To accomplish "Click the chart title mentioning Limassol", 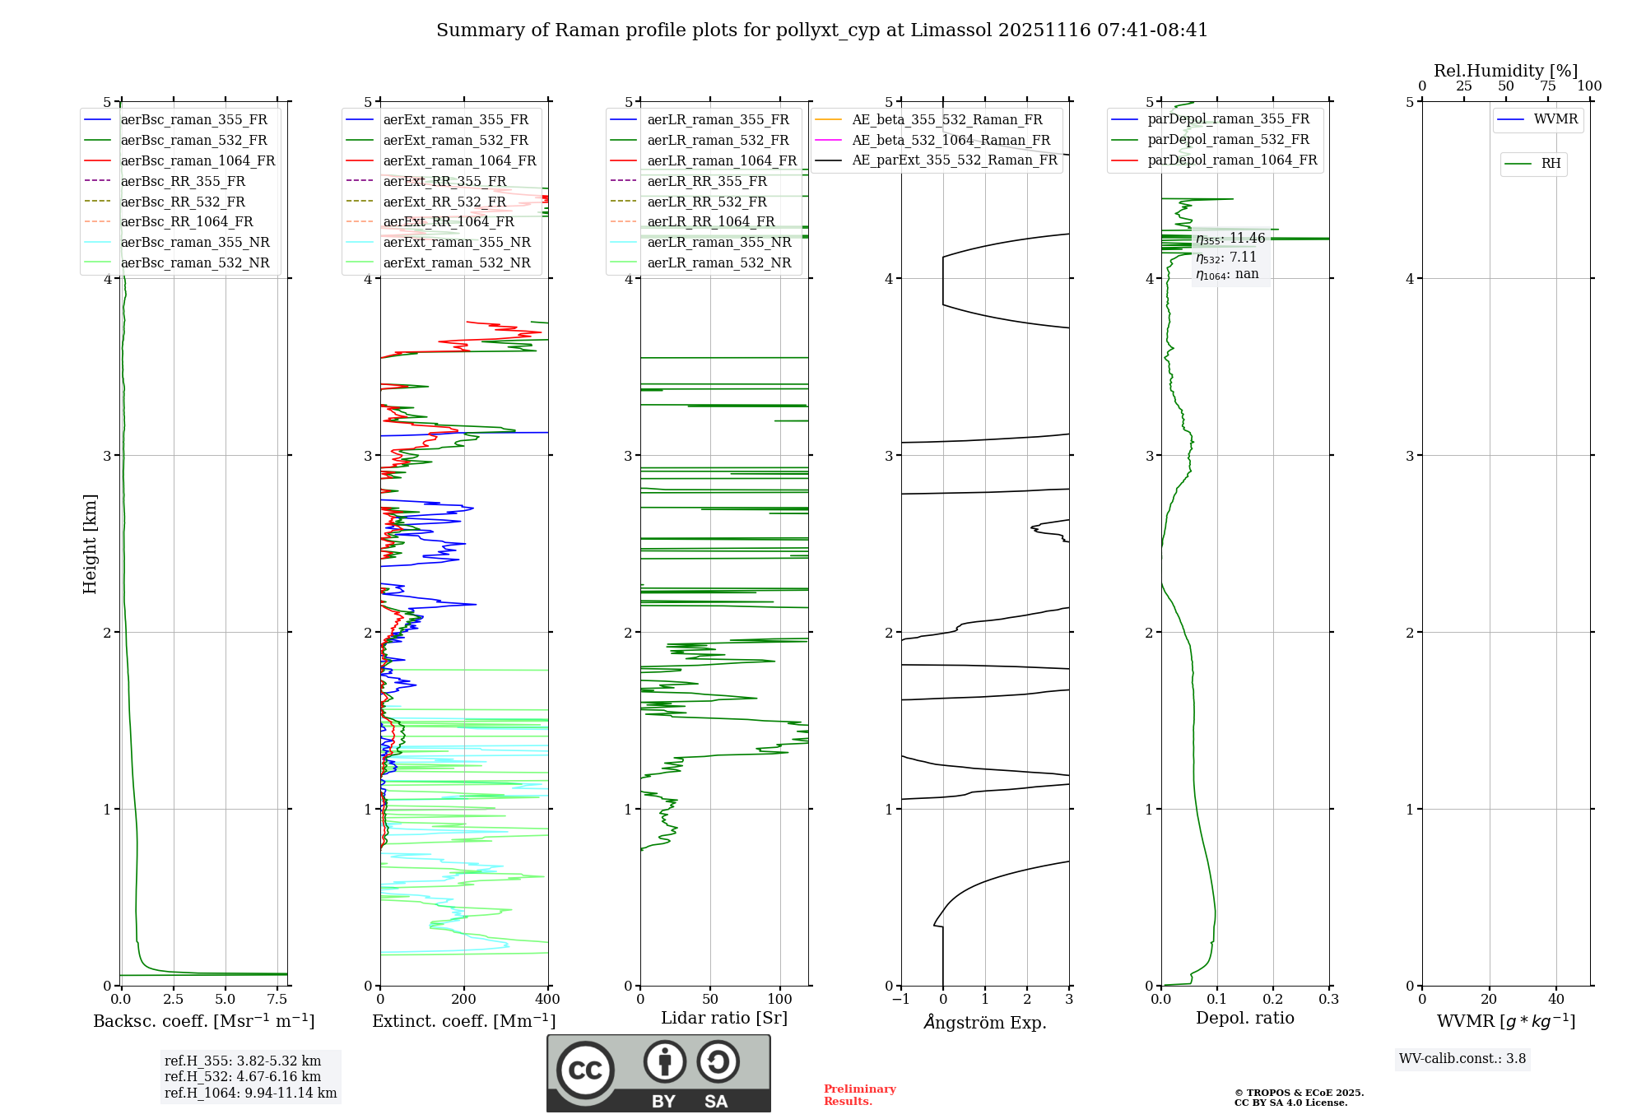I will click(821, 30).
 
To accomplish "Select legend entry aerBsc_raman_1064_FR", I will click(198, 160).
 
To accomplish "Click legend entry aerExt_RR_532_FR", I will click(444, 202).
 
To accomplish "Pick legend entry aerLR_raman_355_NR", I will click(719, 242).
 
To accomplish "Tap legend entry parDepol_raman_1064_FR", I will click(1232, 160).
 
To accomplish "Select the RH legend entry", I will click(1551, 164).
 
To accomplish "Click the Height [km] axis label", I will click(90, 544).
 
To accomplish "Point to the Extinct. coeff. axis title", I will click(464, 1021).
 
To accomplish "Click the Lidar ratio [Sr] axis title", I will click(724, 1018).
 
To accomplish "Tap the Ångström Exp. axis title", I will click(985, 1022).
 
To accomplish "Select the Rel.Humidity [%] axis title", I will click(1505, 71).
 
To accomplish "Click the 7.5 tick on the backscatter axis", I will click(277, 1000).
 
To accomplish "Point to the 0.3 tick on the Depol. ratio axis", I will click(1328, 1000).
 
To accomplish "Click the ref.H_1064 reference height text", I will click(250, 1093).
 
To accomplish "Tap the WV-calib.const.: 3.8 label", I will click(1462, 1058).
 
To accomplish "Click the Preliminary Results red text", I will click(859, 1094).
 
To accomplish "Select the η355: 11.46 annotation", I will click(1230, 239).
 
